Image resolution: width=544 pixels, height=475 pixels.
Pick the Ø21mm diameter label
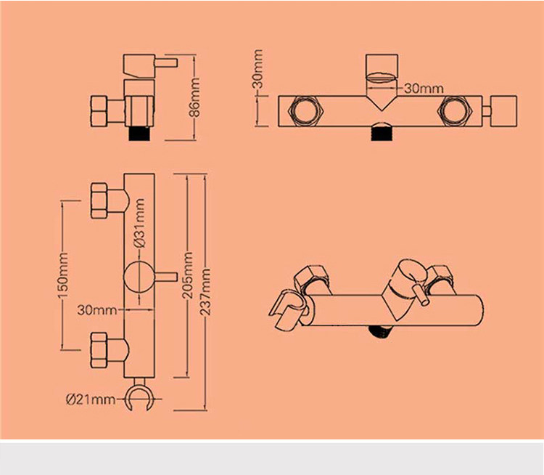[91, 398]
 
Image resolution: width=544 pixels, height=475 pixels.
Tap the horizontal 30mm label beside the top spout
[423, 89]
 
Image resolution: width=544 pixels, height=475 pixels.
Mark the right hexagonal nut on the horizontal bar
[457, 110]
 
